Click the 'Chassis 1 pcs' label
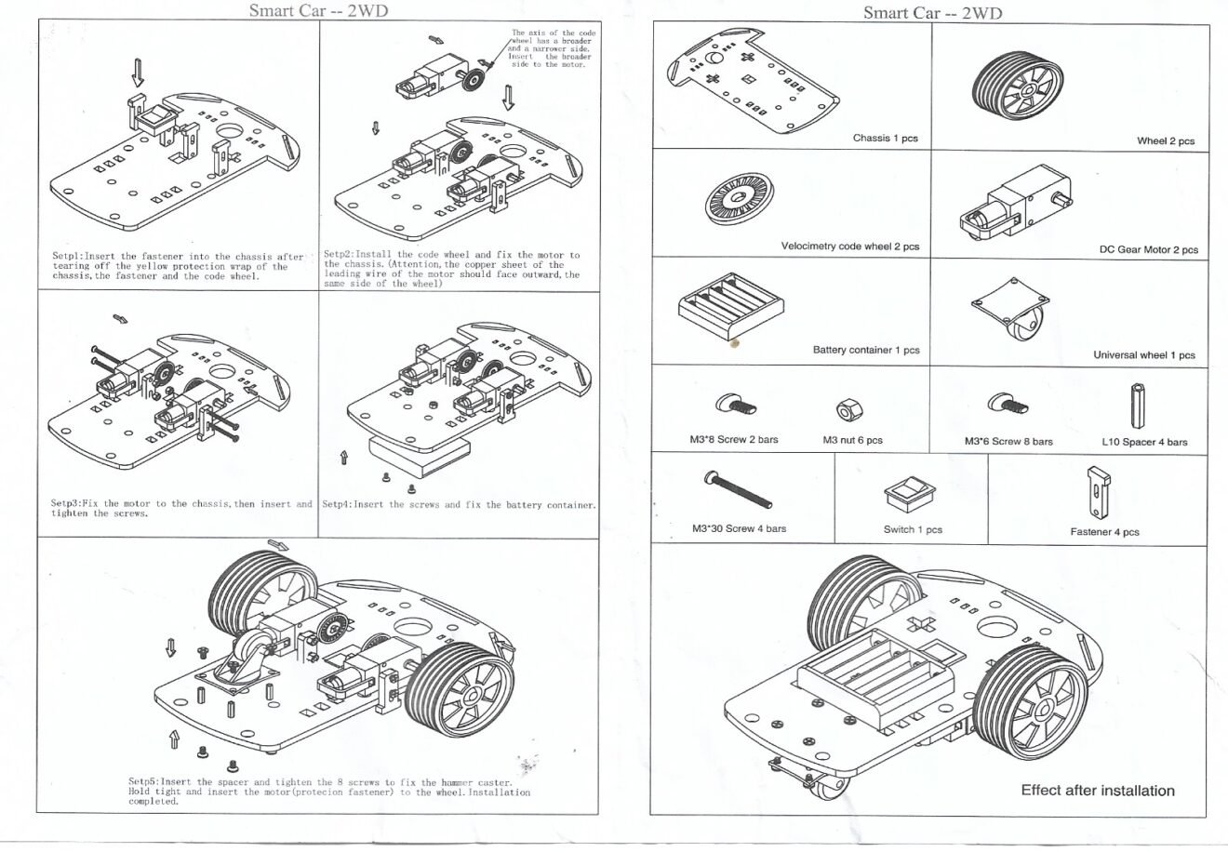point(885,139)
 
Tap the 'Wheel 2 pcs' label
point(1165,141)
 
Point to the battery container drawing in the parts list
point(730,306)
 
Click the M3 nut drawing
point(847,408)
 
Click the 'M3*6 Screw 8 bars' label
point(1008,442)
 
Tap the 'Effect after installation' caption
point(1098,791)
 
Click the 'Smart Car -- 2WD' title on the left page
point(318,11)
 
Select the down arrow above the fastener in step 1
point(139,73)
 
